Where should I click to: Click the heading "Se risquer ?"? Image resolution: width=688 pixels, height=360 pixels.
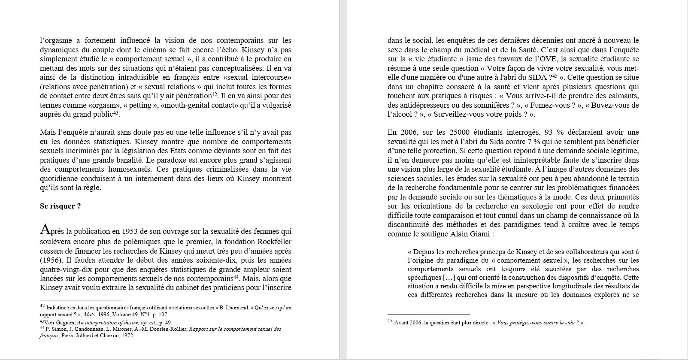(60, 206)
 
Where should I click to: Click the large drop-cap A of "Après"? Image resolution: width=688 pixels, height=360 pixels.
(45, 230)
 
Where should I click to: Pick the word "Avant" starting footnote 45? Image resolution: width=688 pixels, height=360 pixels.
(402, 323)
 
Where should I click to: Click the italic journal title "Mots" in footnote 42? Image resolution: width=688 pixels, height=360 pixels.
(90, 314)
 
